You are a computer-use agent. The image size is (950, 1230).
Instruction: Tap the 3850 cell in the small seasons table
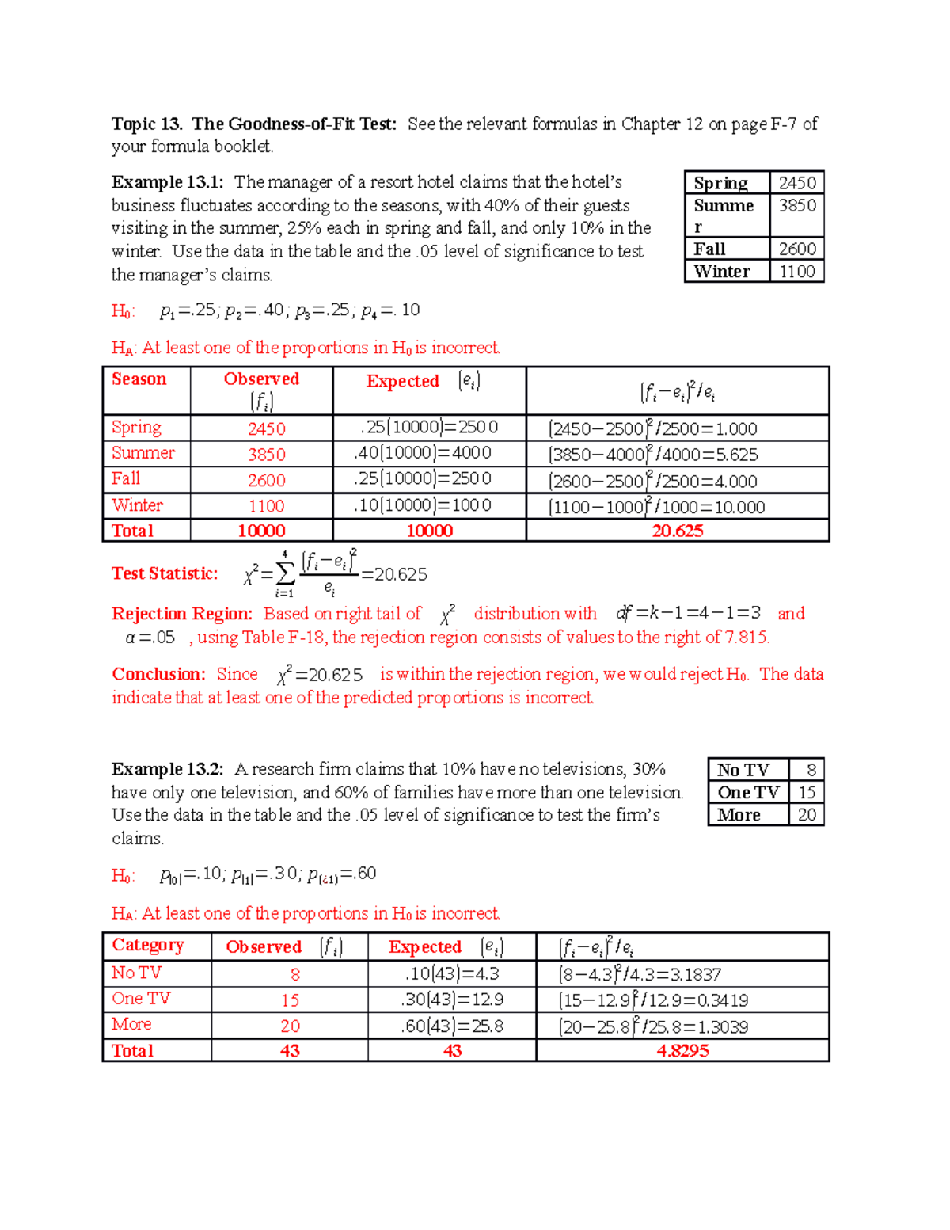coord(796,205)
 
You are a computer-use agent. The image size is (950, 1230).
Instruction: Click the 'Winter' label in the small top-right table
coord(721,272)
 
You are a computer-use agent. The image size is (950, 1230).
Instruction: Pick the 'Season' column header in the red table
coord(139,379)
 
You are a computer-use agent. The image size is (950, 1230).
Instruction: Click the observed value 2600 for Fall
coord(266,481)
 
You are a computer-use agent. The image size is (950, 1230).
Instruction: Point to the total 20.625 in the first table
coord(677,531)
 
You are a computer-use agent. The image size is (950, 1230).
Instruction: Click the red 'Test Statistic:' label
coord(165,573)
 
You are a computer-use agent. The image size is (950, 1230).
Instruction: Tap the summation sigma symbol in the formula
coord(285,573)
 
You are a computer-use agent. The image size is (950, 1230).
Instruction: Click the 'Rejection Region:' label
coord(182,614)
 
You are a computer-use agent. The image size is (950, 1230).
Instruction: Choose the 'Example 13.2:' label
coord(167,769)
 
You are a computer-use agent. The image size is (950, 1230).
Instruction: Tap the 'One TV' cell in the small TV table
coord(748,792)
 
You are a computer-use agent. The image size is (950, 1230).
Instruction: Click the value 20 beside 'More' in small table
coord(807,815)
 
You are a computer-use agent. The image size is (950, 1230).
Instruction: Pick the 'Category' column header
coord(148,945)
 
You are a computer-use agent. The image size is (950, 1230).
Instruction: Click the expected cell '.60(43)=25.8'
coord(452,1026)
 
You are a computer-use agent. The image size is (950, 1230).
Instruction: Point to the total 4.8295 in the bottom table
coord(682,1050)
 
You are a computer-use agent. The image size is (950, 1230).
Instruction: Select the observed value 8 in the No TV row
coord(294,975)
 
